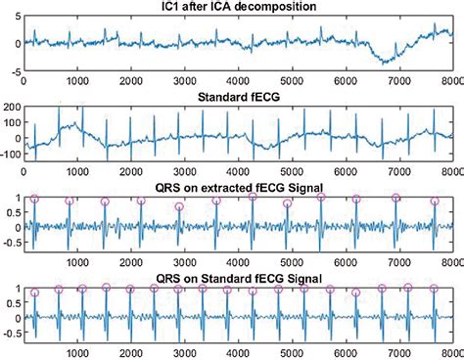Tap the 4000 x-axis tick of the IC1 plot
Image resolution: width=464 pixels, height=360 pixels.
[x=238, y=81]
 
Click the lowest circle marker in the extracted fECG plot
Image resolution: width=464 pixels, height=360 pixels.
[x=178, y=206]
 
